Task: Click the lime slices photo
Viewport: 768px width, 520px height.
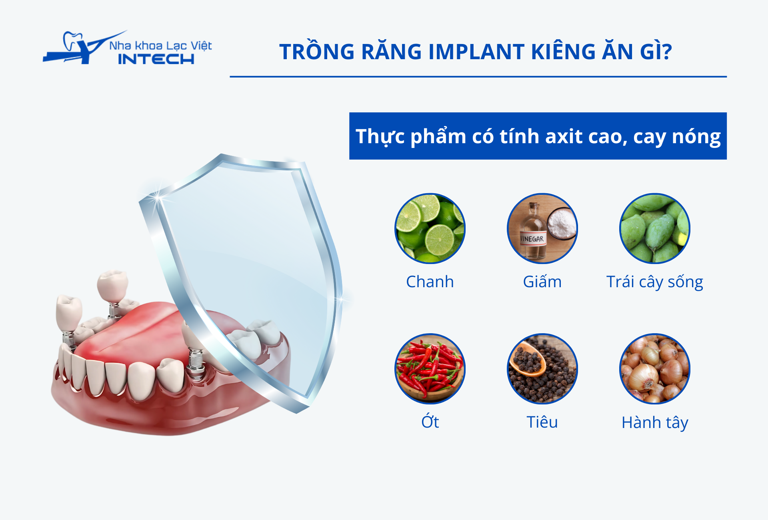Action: (430, 228)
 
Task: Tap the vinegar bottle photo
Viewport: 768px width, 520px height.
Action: (542, 228)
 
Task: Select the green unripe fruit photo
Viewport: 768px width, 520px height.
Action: (655, 228)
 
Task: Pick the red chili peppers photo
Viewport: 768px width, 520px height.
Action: (430, 368)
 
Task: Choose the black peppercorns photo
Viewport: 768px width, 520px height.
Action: (542, 368)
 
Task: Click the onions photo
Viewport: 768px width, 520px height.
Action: (655, 368)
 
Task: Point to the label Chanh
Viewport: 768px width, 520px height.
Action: (430, 282)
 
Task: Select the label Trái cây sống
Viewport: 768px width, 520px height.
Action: (655, 282)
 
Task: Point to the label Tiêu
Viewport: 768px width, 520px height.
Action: (542, 422)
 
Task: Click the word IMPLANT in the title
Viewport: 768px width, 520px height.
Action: (477, 52)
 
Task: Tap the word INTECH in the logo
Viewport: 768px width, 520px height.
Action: (156, 59)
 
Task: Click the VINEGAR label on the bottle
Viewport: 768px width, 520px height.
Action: (532, 239)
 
